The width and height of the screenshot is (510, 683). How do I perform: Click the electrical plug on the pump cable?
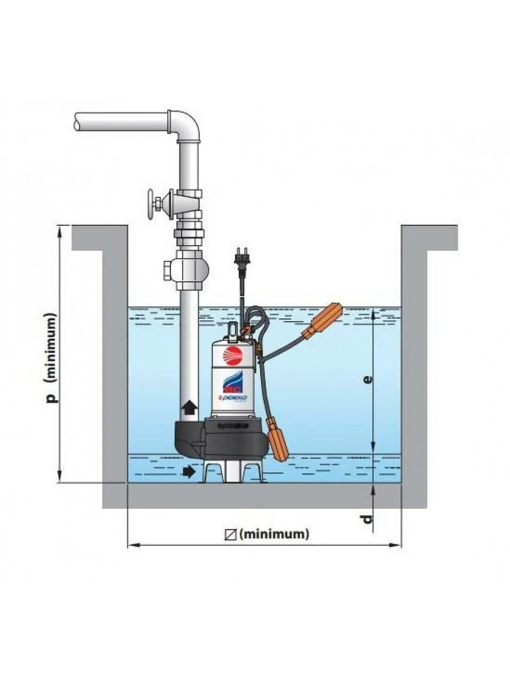238,258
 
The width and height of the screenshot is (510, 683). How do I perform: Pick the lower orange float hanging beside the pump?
278,439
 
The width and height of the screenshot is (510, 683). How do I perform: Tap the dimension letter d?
367,519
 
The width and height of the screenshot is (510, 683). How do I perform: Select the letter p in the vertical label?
51,398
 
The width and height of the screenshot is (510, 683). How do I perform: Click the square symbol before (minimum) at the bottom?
231,534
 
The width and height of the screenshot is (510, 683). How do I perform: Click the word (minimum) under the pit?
274,534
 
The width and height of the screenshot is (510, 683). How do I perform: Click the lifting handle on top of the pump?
232,330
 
